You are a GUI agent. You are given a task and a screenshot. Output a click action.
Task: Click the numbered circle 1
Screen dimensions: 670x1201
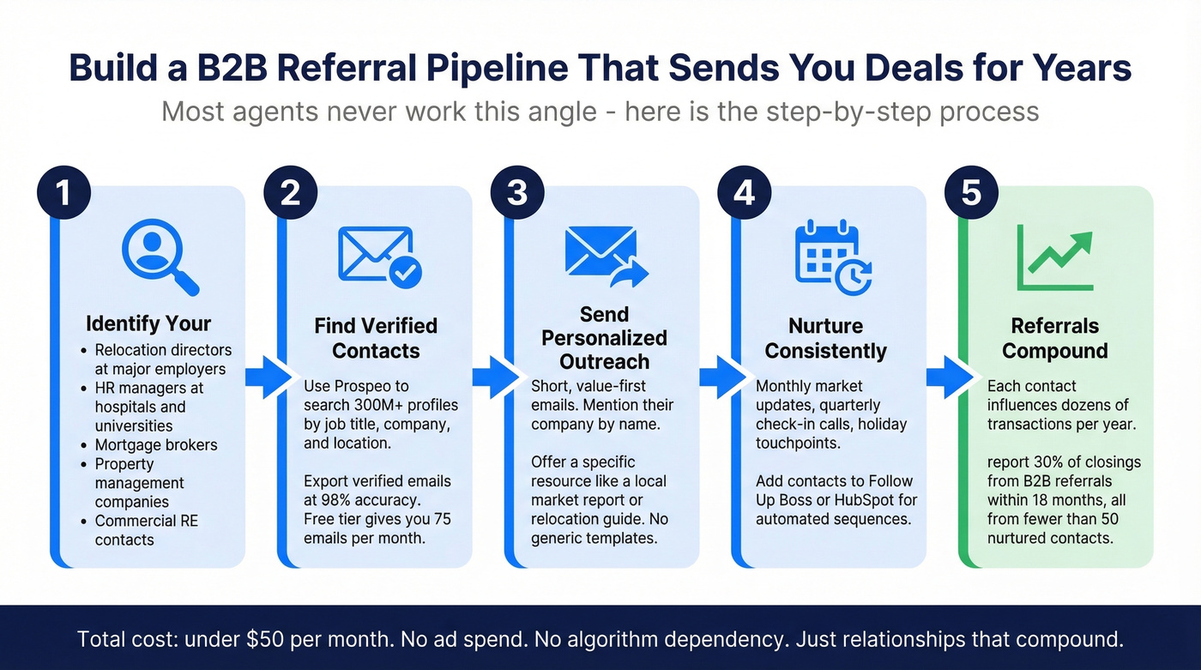[63, 193]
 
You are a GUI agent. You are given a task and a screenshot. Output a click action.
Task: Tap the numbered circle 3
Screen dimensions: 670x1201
[517, 193]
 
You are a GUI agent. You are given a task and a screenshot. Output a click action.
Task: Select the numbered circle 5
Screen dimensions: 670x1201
[971, 193]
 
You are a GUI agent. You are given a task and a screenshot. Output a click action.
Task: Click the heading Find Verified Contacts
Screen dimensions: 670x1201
[376, 338]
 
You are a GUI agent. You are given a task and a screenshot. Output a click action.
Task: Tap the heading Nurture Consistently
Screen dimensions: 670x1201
[826, 338]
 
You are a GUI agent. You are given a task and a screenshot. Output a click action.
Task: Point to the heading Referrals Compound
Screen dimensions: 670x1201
[1054, 338]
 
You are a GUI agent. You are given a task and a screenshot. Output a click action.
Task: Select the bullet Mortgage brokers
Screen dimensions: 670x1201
[156, 445]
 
